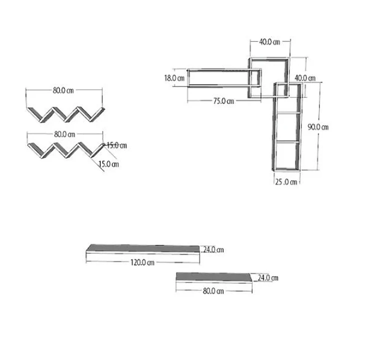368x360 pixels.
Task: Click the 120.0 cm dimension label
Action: (x=142, y=263)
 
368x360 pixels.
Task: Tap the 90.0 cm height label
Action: (x=318, y=127)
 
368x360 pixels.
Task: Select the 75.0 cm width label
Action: (x=223, y=101)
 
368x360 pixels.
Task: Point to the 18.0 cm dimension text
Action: (x=174, y=78)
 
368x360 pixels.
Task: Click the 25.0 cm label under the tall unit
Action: (x=286, y=182)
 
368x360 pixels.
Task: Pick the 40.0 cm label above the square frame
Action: (x=269, y=42)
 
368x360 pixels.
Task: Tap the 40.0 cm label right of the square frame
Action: (x=305, y=78)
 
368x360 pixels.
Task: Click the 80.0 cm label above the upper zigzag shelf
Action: (x=63, y=90)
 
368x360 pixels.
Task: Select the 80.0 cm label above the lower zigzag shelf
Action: (x=65, y=134)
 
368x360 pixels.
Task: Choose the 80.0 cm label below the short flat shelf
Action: (x=213, y=291)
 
